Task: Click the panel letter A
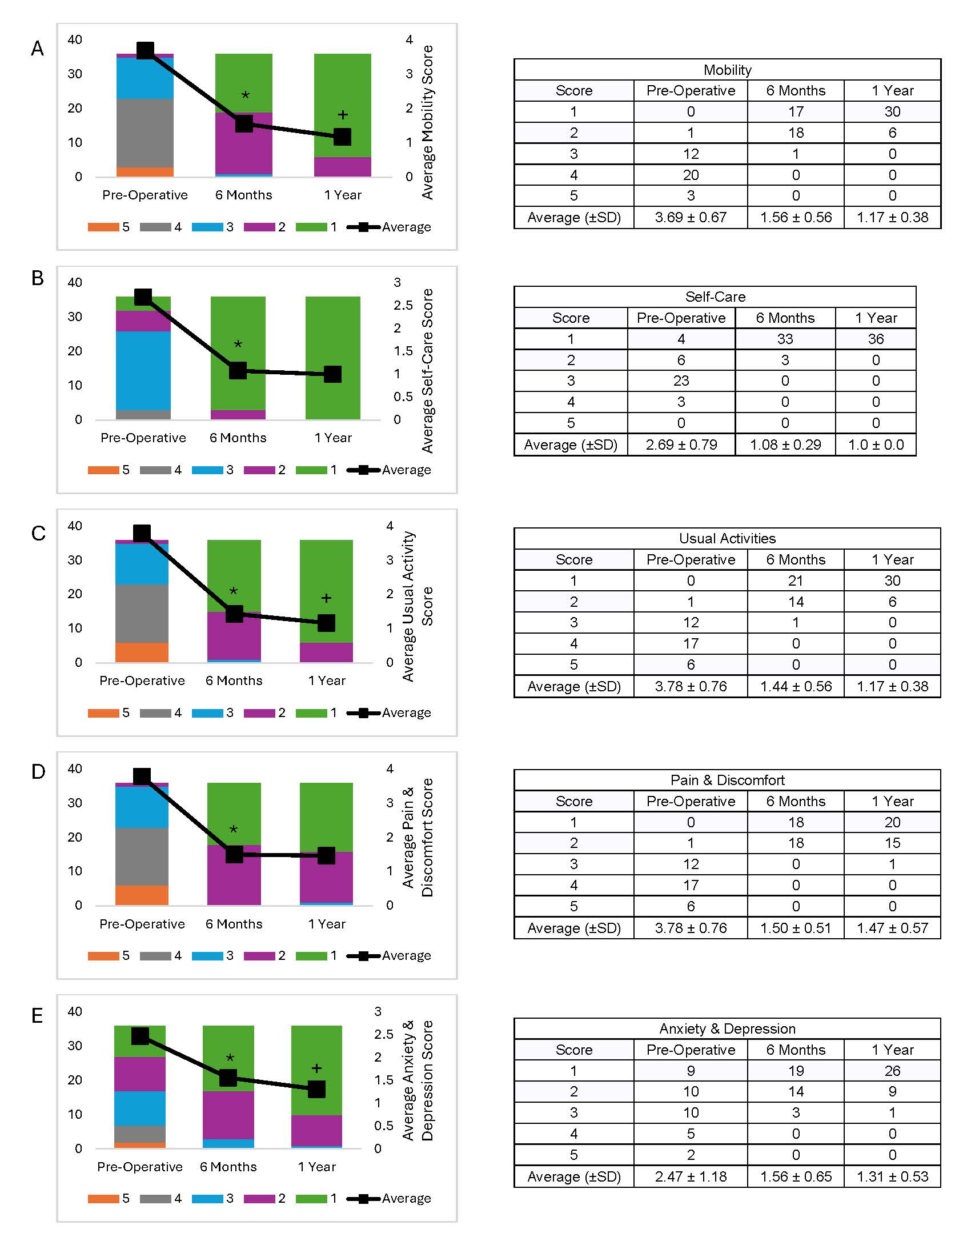(x=37, y=49)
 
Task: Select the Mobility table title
(x=727, y=70)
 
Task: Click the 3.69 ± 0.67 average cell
(x=691, y=218)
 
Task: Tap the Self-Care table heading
(x=715, y=297)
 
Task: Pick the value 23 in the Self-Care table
(x=681, y=381)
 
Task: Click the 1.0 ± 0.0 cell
(x=876, y=445)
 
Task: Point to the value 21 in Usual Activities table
(x=796, y=581)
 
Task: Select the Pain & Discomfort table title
(x=727, y=780)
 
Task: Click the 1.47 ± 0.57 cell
(x=892, y=928)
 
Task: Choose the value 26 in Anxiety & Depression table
(x=892, y=1071)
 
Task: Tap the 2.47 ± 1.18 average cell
(x=691, y=1176)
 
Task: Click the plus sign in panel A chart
(x=343, y=115)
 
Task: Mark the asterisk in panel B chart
(x=238, y=345)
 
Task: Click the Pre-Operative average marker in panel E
(x=141, y=1036)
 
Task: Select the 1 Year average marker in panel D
(x=326, y=856)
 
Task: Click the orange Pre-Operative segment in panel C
(x=142, y=652)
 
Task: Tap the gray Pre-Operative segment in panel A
(x=145, y=133)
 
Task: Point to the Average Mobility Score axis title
(x=427, y=122)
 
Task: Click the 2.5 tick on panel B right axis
(x=403, y=305)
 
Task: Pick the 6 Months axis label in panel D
(x=234, y=924)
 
